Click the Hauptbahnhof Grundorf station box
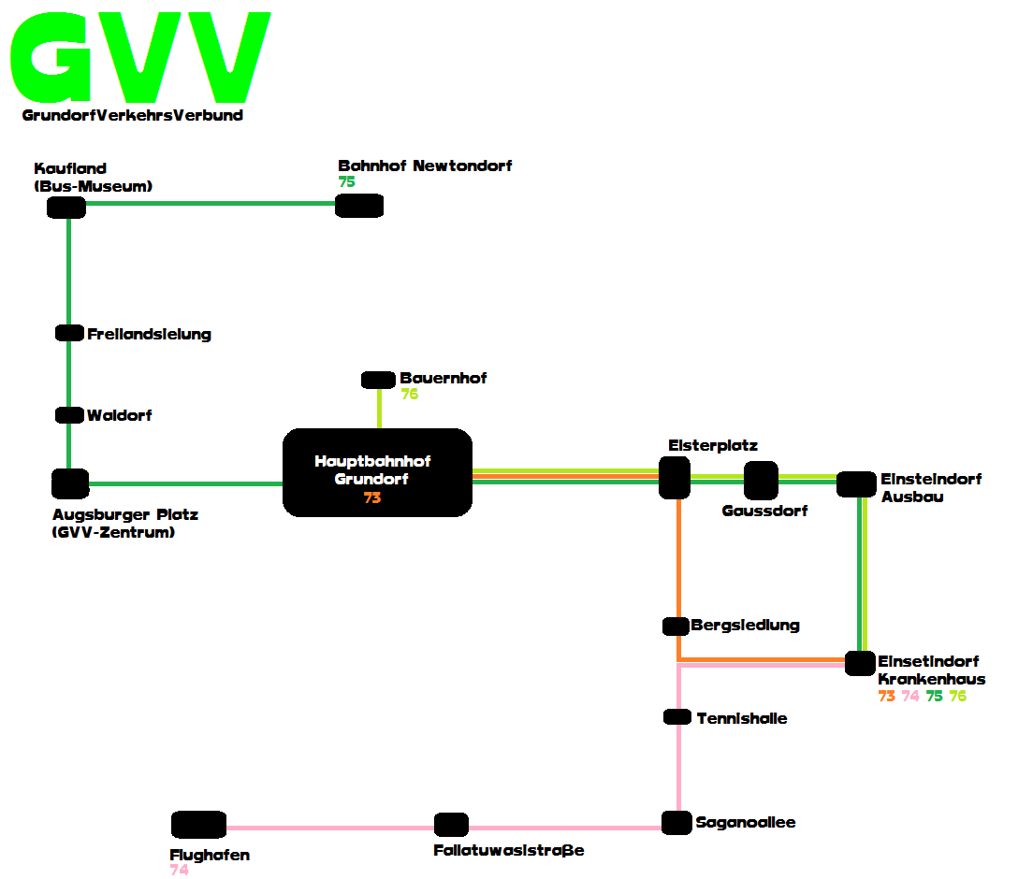(377, 472)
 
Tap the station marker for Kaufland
(66, 208)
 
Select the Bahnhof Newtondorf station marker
(359, 206)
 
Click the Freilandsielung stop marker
(69, 333)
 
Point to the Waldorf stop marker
(69, 415)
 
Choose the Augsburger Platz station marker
(70, 484)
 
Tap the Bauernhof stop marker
(379, 381)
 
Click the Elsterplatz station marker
(675, 478)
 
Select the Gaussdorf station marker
(761, 481)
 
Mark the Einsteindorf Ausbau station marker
(856, 484)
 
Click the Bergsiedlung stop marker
(676, 627)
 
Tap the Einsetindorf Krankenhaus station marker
(860, 664)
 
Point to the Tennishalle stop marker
(677, 717)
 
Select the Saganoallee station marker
(676, 823)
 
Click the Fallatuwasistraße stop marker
(451, 825)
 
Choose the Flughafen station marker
(198, 825)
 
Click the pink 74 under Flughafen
(180, 870)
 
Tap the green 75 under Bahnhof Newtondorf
(347, 181)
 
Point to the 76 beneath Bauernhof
(410, 394)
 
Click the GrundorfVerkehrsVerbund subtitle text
(133, 115)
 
